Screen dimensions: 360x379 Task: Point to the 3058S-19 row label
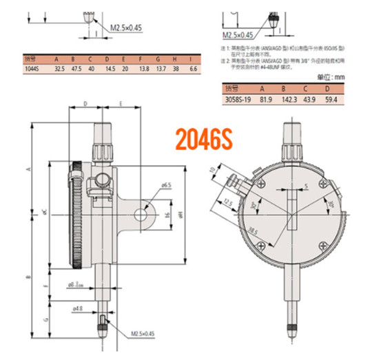pyautogui.click(x=237, y=98)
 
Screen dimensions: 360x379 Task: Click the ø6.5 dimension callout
pyautogui.click(x=166, y=184)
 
